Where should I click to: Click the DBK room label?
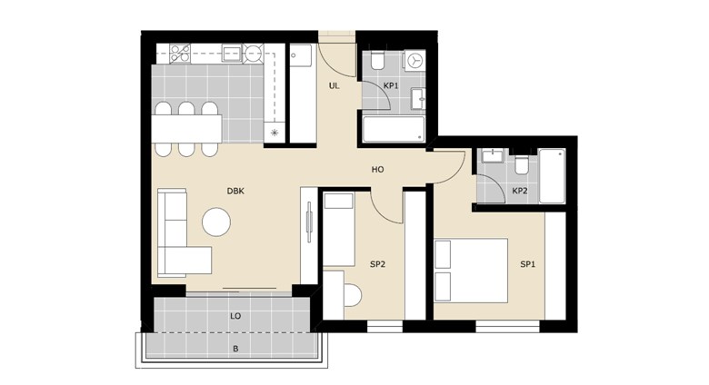pos(235,192)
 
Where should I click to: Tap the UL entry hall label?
pos(334,86)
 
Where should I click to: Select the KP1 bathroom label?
pos(391,85)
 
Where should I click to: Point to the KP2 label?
pos(520,191)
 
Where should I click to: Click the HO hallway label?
pos(377,170)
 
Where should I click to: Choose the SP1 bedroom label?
pos(528,264)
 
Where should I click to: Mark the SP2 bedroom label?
pos(377,264)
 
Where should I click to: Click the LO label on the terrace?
pos(235,316)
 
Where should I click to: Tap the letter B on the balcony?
pos(235,349)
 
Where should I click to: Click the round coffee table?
pos(216,222)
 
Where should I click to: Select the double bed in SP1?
pos(471,271)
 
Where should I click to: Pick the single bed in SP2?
pos(339,230)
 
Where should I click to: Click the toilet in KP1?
pos(377,60)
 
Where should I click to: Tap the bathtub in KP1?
pos(394,129)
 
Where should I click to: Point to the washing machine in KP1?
pos(414,60)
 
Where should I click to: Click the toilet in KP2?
pos(522,164)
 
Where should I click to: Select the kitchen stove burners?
pos(179,54)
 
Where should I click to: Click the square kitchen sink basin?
pos(233,53)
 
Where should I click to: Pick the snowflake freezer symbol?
pos(274,133)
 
